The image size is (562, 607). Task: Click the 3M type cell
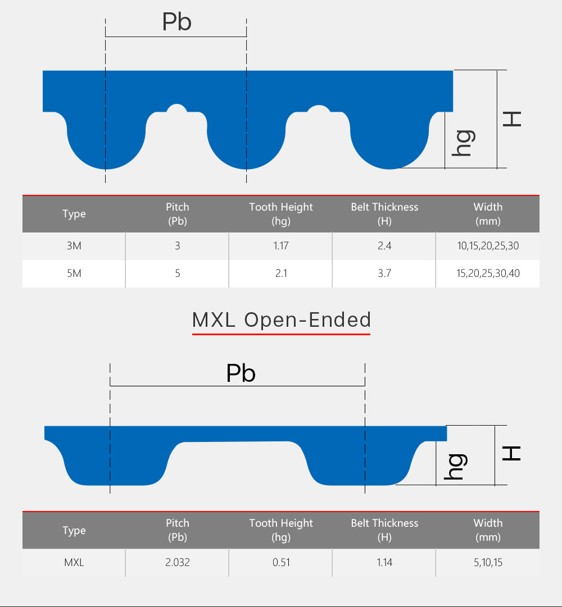click(74, 246)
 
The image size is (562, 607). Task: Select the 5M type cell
click(74, 273)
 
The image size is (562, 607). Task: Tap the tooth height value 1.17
click(281, 246)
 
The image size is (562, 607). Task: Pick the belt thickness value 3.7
click(384, 273)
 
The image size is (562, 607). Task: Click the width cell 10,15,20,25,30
click(488, 246)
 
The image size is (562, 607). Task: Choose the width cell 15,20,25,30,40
click(488, 273)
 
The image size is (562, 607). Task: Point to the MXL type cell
click(74, 563)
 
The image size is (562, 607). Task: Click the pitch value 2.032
click(178, 563)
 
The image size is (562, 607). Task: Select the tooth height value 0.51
click(281, 563)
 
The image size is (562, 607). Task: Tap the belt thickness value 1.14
click(384, 563)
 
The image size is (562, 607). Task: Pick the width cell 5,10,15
click(488, 563)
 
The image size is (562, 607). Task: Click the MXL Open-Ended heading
click(282, 320)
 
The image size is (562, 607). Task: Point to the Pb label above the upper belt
click(176, 22)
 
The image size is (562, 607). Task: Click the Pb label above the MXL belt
click(241, 373)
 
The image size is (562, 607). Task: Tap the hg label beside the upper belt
click(464, 143)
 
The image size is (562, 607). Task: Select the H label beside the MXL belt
click(511, 453)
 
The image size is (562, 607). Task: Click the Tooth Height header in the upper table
click(281, 214)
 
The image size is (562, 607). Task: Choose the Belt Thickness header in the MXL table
click(384, 530)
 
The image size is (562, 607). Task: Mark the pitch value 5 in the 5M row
click(178, 273)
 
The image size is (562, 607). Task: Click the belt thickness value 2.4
click(384, 246)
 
